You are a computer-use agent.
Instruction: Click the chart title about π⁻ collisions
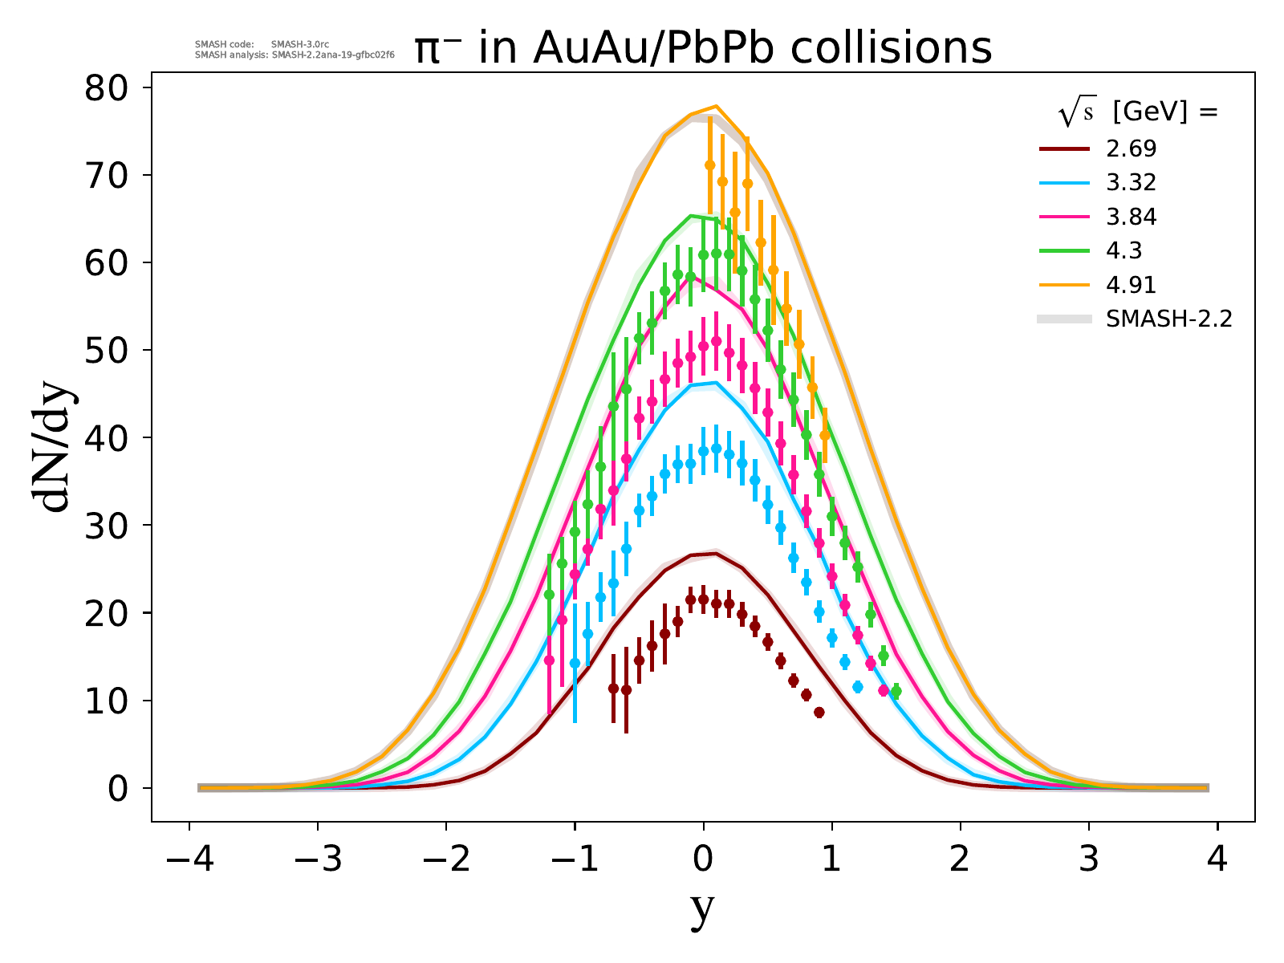coord(703,50)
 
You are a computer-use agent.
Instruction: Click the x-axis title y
coord(702,910)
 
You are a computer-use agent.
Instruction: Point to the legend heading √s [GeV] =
coord(1138,113)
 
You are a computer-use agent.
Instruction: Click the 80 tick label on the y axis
coord(107,87)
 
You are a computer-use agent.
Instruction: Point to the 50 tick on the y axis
coord(107,350)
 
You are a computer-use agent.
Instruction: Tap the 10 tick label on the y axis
coord(107,701)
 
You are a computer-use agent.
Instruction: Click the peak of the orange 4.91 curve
coord(716,106)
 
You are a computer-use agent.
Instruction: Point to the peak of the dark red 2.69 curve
coord(715,554)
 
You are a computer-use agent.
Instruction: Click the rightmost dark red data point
coord(819,713)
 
